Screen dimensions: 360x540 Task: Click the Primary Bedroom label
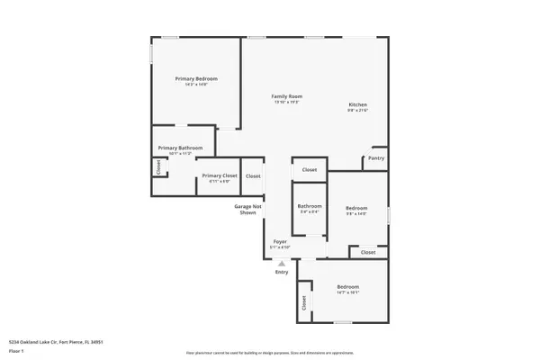point(196,78)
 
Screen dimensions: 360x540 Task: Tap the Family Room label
point(287,96)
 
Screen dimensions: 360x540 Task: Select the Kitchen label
point(358,105)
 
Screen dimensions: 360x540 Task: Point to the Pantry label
point(376,159)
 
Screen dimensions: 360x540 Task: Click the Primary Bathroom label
point(180,148)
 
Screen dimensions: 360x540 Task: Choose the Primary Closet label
point(220,175)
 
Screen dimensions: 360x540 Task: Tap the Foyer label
point(281,241)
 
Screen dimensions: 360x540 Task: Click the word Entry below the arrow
point(282,273)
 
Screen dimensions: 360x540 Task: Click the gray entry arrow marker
point(281,262)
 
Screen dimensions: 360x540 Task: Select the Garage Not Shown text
point(248,210)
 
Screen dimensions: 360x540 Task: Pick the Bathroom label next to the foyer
point(310,206)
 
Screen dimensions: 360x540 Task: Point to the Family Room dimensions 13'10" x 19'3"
point(287,102)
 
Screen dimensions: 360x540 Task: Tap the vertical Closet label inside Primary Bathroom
point(157,166)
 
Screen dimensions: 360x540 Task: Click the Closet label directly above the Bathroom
point(309,169)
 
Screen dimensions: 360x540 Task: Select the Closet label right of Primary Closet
point(253,175)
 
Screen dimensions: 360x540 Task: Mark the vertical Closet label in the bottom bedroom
point(304,303)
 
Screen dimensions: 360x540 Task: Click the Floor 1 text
point(17,350)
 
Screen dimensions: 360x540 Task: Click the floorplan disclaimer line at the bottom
point(269,353)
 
